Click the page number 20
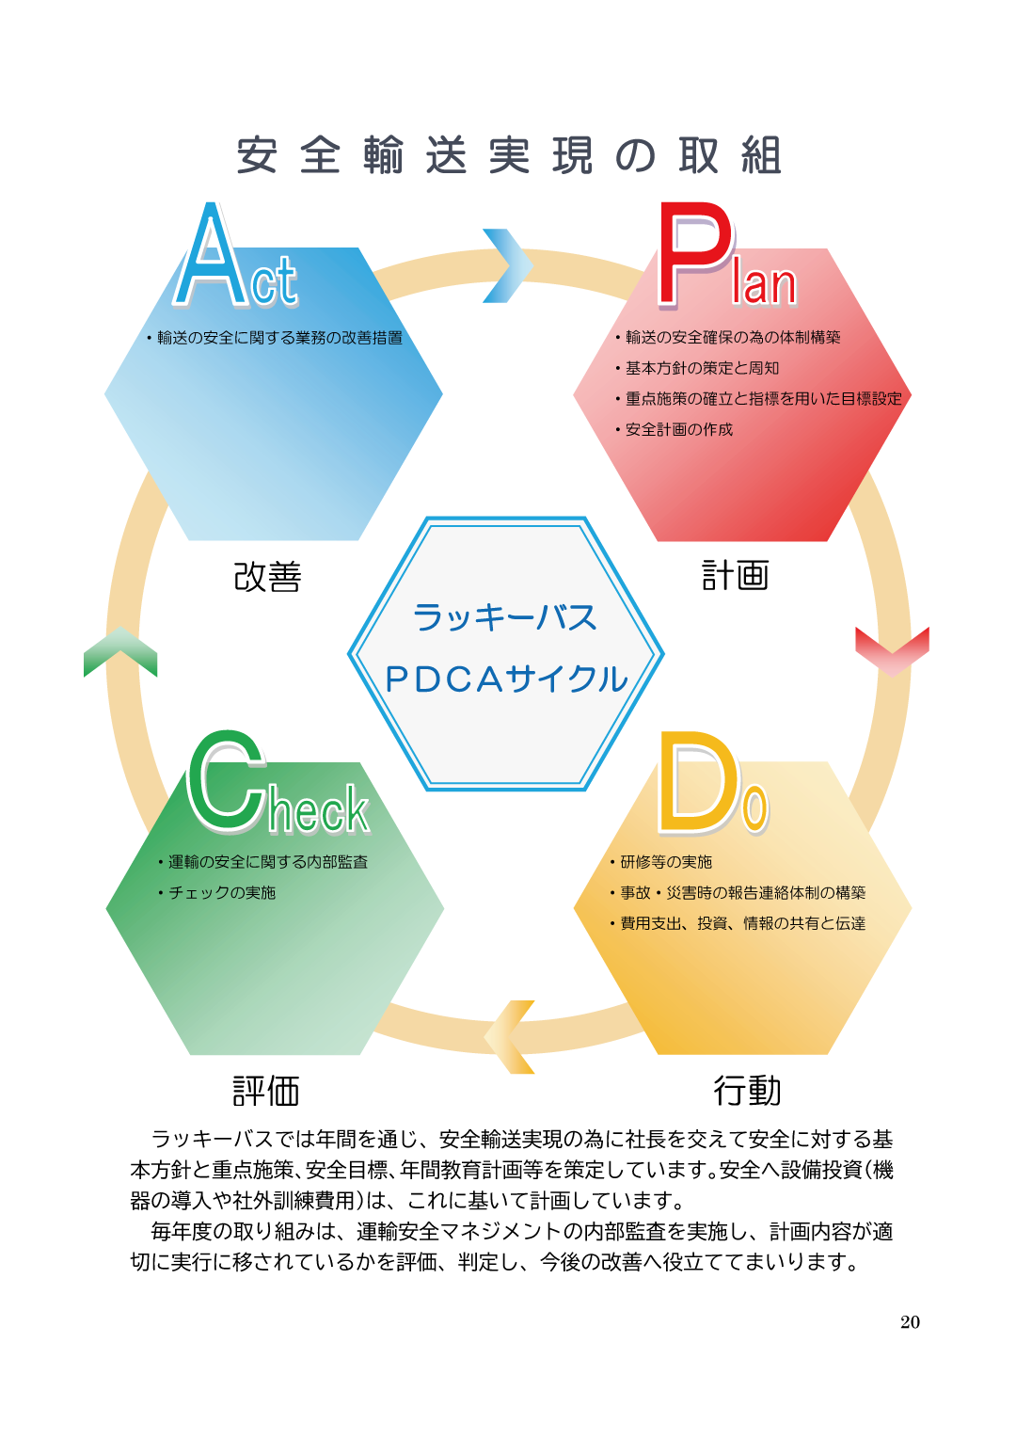point(910,1322)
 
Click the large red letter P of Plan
point(694,254)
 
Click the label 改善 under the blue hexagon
point(267,576)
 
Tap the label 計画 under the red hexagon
point(735,575)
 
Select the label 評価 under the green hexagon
point(265,1091)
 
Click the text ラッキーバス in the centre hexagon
point(505,617)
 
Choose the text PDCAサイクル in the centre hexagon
point(506,679)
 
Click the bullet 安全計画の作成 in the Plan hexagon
point(674,429)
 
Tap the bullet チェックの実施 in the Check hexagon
point(216,892)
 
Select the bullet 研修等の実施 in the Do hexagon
point(660,861)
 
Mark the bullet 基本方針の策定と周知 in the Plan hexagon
point(697,368)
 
